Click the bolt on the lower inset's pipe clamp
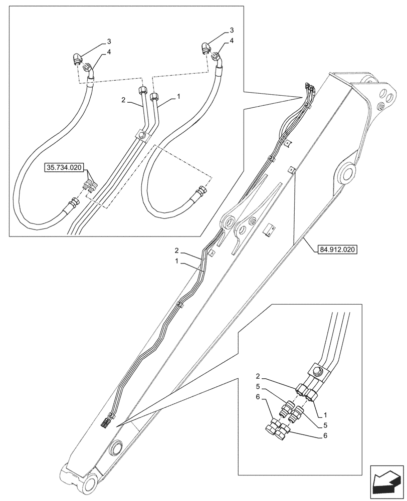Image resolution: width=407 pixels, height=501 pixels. (x=317, y=371)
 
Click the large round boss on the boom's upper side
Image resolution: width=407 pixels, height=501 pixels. (x=346, y=173)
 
